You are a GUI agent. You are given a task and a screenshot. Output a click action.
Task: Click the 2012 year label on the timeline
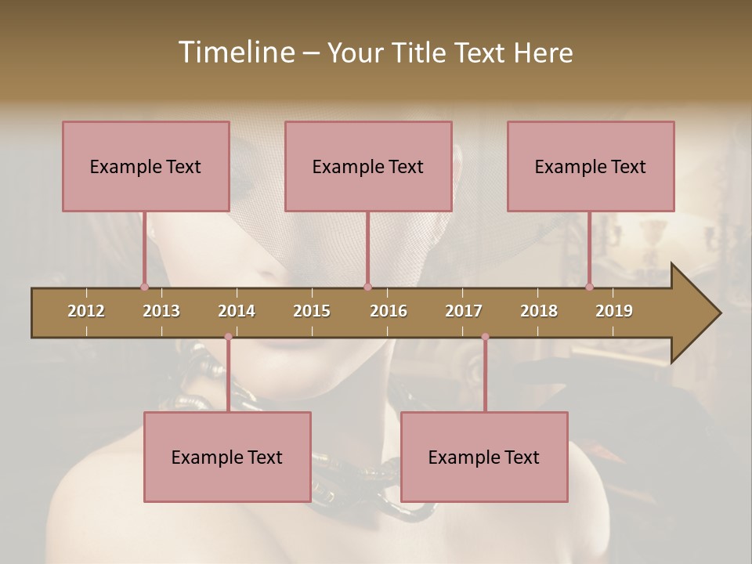[86, 311]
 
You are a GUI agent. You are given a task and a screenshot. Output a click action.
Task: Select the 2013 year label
[161, 311]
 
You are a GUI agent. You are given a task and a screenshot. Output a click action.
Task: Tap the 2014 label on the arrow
[237, 311]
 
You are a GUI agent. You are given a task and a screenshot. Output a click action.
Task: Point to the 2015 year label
[312, 311]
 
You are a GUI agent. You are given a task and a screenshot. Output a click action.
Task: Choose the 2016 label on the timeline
[389, 311]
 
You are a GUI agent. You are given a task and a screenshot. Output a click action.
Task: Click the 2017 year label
[464, 311]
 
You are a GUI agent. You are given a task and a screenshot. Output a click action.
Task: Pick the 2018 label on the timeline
[539, 311]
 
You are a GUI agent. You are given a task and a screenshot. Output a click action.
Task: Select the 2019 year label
[614, 311]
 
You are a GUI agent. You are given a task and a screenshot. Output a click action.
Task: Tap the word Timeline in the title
[235, 52]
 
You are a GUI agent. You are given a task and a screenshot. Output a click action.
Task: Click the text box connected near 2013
[146, 166]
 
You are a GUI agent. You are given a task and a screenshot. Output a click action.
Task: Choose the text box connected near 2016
[368, 166]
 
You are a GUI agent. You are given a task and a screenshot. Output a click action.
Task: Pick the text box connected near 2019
[591, 166]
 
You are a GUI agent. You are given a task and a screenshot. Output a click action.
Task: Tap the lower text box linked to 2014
[227, 457]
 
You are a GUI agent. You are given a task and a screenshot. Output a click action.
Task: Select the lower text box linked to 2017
[484, 457]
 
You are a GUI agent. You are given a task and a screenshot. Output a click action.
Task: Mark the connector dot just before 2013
[144, 287]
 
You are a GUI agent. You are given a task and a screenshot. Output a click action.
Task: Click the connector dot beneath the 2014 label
[228, 337]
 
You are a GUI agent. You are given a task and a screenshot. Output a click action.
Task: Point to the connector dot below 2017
[485, 337]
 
